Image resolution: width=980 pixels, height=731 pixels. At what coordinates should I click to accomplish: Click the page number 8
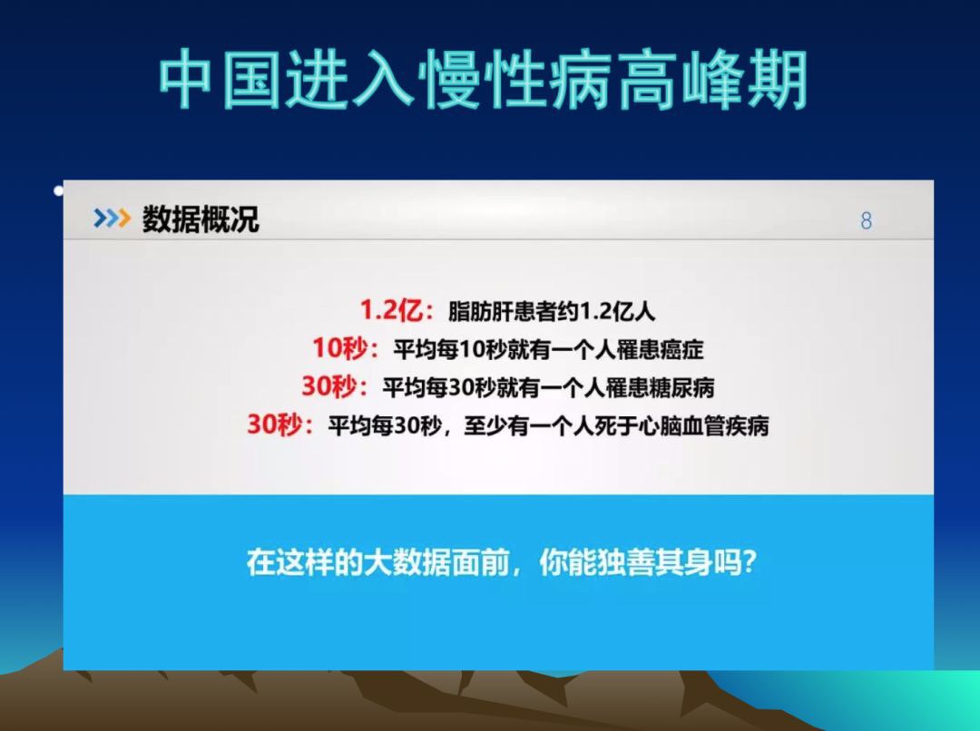[x=866, y=220]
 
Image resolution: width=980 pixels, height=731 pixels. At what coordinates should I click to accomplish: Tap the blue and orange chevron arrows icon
[x=112, y=218]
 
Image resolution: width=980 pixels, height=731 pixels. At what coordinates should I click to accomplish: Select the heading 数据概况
[x=201, y=219]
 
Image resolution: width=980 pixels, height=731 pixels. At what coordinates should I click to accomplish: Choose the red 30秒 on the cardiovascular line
[x=274, y=424]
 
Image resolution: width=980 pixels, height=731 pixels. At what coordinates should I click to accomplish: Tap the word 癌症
[x=681, y=349]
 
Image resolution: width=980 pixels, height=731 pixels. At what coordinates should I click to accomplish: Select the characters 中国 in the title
[x=220, y=80]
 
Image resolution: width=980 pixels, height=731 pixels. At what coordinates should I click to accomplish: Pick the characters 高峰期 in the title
[x=712, y=80]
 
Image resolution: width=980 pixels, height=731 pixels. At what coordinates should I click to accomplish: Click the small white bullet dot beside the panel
[x=59, y=190]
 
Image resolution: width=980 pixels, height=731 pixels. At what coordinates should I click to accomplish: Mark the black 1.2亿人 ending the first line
[x=618, y=311]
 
